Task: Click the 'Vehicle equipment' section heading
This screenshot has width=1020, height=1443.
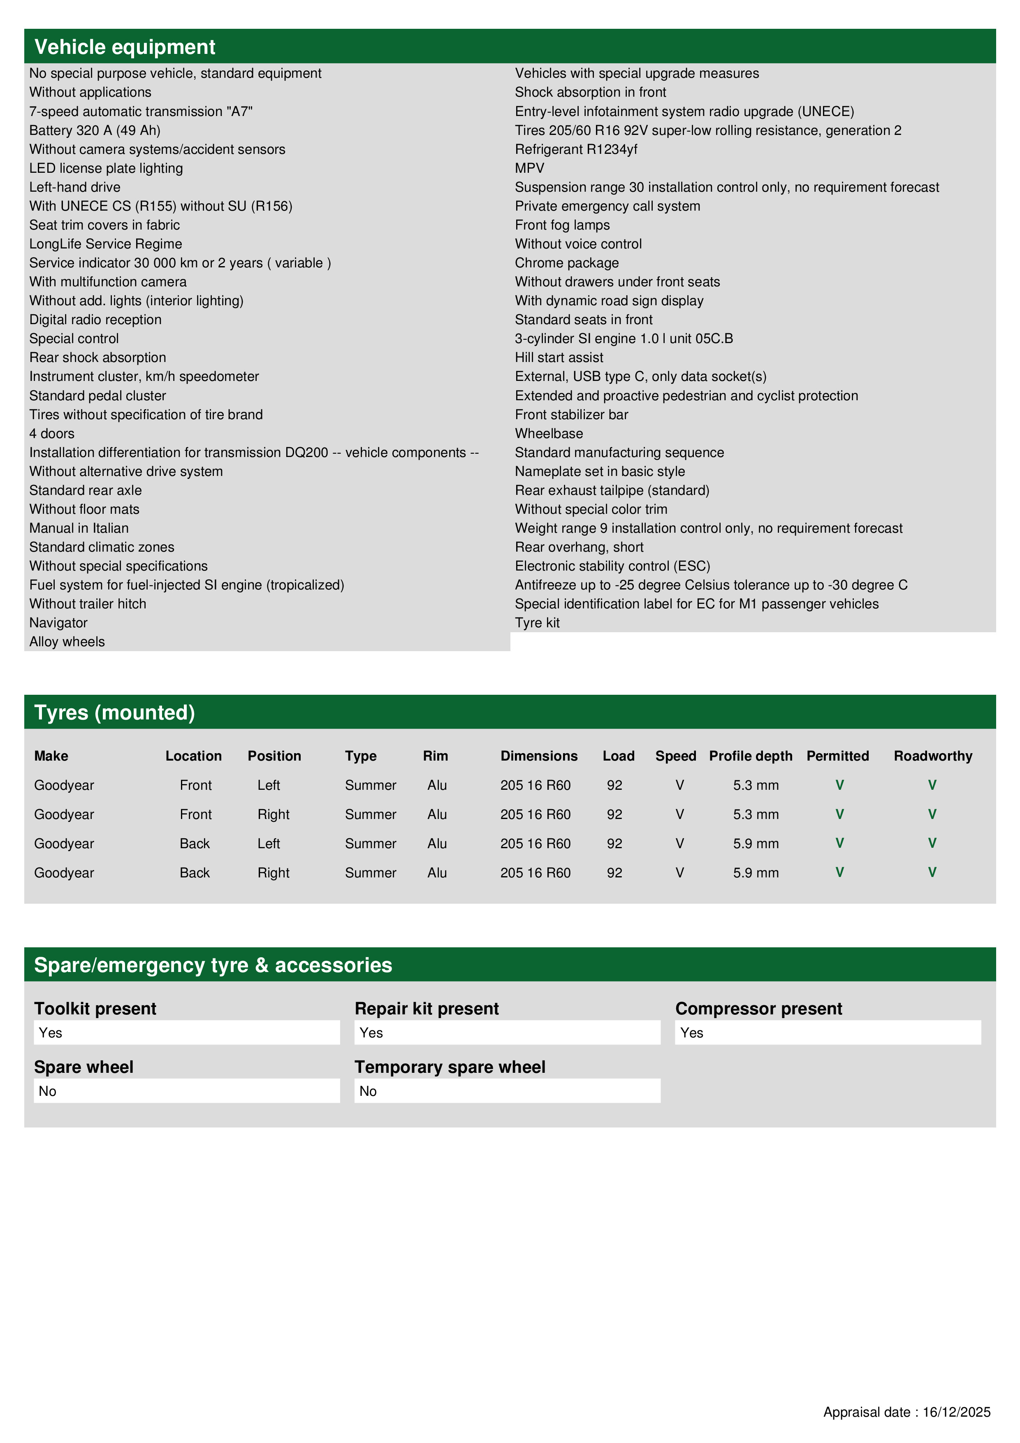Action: pos(125,47)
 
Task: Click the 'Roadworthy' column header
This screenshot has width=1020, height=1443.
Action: pos(933,756)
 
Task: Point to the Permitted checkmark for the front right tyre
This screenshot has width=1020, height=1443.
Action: pos(839,814)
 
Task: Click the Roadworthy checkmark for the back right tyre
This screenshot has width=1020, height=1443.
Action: pos(932,872)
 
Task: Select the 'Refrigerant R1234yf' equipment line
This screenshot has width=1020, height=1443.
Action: pos(576,150)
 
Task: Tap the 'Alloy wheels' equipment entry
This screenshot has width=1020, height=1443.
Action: pos(67,642)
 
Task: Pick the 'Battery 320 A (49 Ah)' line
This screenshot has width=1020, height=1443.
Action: pos(95,131)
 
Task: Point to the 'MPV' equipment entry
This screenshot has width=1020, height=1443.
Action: pos(529,168)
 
